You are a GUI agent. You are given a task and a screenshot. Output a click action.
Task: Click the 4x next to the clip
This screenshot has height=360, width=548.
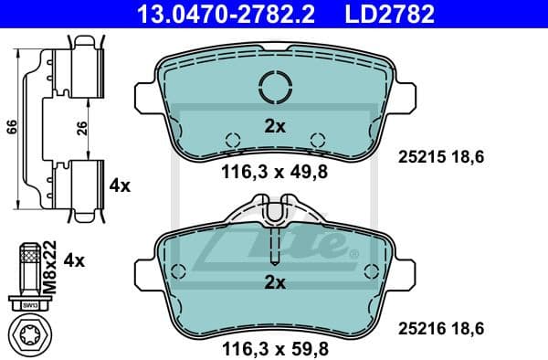(x=120, y=185)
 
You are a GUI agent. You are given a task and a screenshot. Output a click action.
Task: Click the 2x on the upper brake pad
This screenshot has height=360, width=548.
(x=275, y=126)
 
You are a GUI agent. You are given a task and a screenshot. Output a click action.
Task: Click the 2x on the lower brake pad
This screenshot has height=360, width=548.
(x=275, y=283)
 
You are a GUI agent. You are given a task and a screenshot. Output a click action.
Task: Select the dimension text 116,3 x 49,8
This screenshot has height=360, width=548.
(x=275, y=171)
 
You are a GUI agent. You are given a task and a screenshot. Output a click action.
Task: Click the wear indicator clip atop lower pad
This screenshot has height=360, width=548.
(x=275, y=214)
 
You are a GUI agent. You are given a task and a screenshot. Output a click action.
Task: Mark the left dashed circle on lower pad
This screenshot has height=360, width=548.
(x=179, y=271)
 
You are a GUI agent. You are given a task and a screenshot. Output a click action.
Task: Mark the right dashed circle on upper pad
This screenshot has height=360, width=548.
(x=318, y=140)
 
